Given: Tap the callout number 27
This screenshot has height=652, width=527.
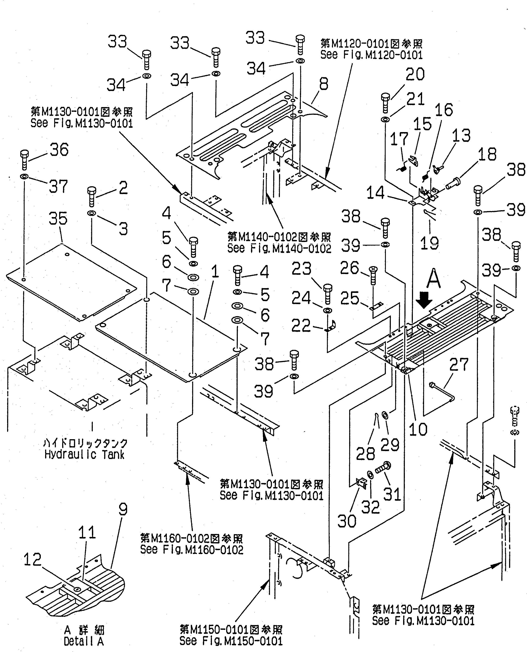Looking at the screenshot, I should tap(459, 365).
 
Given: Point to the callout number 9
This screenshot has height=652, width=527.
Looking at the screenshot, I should tap(123, 510).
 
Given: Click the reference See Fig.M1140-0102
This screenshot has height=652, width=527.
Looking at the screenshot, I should tap(279, 249).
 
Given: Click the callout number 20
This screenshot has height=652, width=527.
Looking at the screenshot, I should tap(415, 75).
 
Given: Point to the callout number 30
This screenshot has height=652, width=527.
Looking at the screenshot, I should tap(347, 521).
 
